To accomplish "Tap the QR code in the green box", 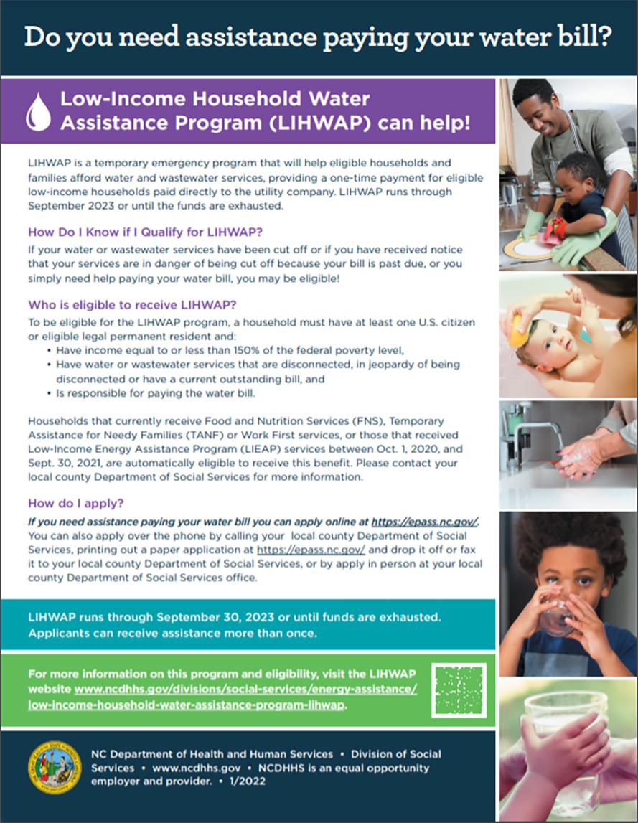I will tap(460, 690).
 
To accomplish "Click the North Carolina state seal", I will tap(55, 767).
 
